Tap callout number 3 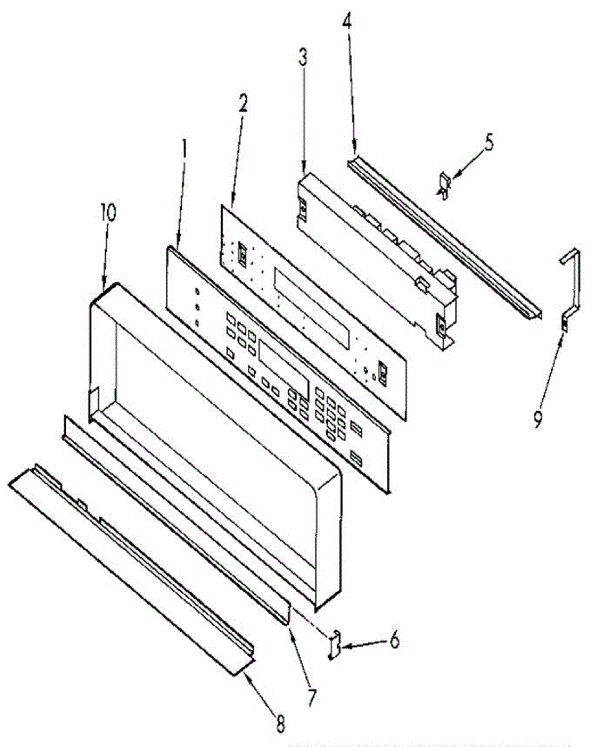(x=303, y=60)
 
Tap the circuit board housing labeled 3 (x=374, y=255)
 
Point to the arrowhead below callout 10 (x=103, y=286)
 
